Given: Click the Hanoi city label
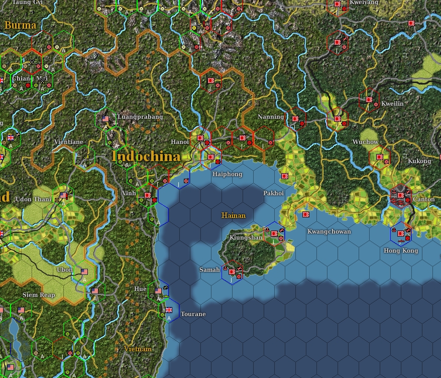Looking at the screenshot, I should [180, 141].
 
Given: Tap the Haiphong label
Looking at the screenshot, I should [227, 174].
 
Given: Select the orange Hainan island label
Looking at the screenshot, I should [234, 215].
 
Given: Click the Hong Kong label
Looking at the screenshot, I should [400, 251].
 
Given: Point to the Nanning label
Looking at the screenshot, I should [271, 117].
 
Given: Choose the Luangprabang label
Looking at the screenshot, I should [140, 117].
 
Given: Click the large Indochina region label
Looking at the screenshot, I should [147, 157].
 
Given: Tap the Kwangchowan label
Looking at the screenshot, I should [329, 232].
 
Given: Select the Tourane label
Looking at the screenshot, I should [193, 314].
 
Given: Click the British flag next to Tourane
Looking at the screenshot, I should [169, 310].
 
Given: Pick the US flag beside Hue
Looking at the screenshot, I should [159, 291].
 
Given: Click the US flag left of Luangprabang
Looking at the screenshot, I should [105, 119].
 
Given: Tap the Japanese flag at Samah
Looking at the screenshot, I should [232, 272].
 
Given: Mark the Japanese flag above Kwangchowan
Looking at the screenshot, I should [305, 214].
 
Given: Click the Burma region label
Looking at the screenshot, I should [21, 25].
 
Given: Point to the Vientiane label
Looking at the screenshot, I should [68, 142].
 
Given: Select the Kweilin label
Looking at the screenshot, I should [392, 104].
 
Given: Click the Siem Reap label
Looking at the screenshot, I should [39, 295].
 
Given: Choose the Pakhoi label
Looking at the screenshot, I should [274, 193].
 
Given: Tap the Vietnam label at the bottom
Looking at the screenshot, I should [138, 349].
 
